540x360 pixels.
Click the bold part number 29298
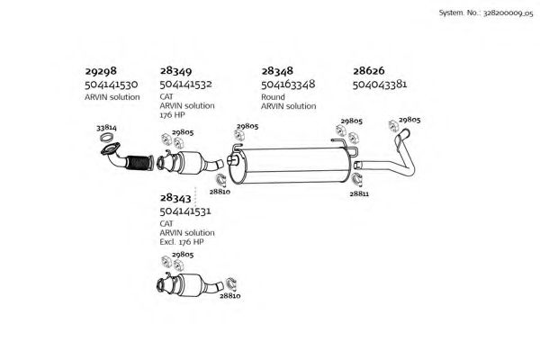point(101,71)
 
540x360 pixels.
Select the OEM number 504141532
point(185,84)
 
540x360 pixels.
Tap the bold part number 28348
point(277,71)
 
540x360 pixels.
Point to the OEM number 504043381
point(380,84)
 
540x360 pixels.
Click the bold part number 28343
point(175,198)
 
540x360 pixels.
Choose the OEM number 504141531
point(185,211)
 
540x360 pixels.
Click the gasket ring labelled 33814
point(107,138)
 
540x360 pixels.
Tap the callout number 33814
point(106,128)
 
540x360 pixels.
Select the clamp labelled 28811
point(357,179)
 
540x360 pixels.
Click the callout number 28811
point(359,194)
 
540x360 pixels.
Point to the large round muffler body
point(292,166)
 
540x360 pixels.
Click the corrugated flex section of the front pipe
point(138,163)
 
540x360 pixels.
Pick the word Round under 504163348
point(273,97)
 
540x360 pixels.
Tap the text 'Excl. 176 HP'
point(182,242)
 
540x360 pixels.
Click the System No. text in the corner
point(486,13)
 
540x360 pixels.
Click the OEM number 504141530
point(112,85)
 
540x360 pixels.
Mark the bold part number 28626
point(368,71)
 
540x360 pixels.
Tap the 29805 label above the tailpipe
point(409,120)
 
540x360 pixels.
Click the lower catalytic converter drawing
point(189,284)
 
